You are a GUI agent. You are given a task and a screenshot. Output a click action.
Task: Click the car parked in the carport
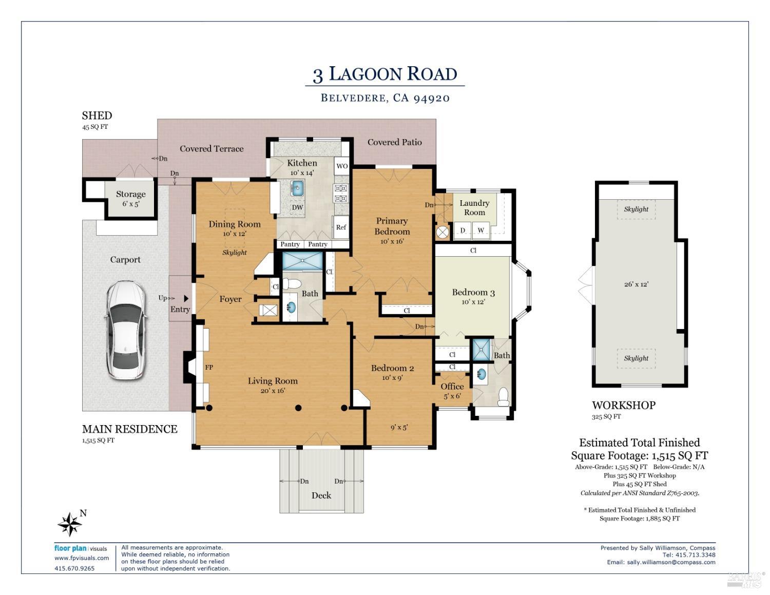click(126, 330)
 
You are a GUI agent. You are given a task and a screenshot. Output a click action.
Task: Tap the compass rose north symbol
click(70, 524)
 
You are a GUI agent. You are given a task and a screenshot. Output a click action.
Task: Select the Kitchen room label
click(302, 163)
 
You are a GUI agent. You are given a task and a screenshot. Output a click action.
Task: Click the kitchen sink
click(297, 188)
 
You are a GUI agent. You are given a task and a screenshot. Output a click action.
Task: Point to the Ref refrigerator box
click(341, 227)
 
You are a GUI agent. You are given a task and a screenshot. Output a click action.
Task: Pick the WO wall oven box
click(342, 166)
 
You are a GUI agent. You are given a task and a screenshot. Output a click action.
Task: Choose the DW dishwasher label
click(297, 207)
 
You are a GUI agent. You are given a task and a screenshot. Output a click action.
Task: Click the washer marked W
click(481, 231)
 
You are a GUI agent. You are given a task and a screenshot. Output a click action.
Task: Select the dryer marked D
click(463, 231)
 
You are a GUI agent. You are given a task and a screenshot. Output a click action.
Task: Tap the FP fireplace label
click(209, 367)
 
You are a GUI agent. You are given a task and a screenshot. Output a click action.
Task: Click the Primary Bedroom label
click(392, 226)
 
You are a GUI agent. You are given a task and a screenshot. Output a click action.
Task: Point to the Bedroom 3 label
click(473, 292)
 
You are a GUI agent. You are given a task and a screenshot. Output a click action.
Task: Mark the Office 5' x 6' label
click(452, 391)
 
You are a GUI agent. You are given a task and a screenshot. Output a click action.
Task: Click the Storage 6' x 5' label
click(131, 199)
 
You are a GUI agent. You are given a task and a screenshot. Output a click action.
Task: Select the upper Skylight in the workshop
click(636, 209)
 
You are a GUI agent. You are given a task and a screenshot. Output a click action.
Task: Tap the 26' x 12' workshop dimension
click(637, 284)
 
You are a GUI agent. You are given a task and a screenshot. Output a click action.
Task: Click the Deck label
click(321, 495)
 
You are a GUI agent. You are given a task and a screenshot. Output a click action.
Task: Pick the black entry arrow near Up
click(186, 298)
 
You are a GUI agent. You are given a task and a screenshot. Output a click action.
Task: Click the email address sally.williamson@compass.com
click(671, 562)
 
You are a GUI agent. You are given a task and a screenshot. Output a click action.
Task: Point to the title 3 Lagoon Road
click(385, 74)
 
